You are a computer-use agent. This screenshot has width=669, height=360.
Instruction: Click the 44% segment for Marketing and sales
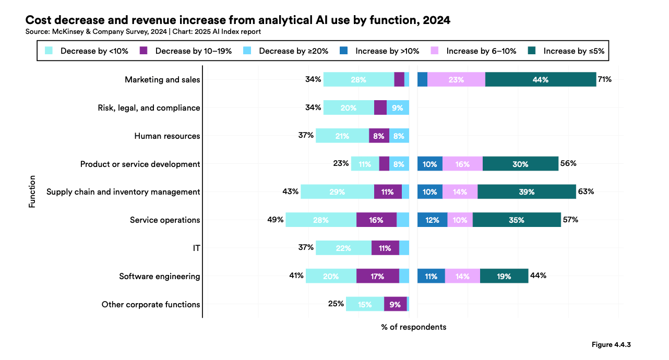pyautogui.click(x=541, y=80)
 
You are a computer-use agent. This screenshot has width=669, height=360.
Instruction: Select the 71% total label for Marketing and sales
pyautogui.click(x=605, y=80)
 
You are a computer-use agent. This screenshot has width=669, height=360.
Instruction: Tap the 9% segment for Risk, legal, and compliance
pyautogui.click(x=398, y=108)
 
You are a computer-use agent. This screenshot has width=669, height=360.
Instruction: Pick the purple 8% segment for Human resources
pyautogui.click(x=379, y=136)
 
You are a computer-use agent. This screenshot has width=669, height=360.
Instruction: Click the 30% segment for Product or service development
pyautogui.click(x=520, y=164)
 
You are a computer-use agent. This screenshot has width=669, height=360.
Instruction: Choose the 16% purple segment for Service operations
pyautogui.click(x=376, y=220)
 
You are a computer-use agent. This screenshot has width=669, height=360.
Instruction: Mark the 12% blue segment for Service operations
pyautogui.click(x=432, y=220)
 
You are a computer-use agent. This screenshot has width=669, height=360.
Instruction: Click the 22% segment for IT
pyautogui.click(x=343, y=248)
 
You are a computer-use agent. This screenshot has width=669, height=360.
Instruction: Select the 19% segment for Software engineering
pyautogui.click(x=504, y=277)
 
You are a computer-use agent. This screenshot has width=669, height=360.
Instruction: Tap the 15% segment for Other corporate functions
pyautogui.click(x=365, y=304)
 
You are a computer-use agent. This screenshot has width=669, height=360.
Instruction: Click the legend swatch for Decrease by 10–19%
pyautogui.click(x=145, y=51)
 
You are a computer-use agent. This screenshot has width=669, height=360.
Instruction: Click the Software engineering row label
pyautogui.click(x=159, y=277)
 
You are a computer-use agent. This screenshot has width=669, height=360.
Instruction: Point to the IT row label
pyautogui.click(x=196, y=248)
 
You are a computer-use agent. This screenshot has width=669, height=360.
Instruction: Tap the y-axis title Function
pyautogui.click(x=32, y=191)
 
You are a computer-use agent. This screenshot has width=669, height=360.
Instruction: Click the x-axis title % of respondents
pyautogui.click(x=413, y=327)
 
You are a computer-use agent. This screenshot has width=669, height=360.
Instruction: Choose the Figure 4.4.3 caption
pyautogui.click(x=611, y=345)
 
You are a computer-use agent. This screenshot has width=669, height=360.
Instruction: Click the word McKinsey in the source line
pyautogui.click(x=67, y=32)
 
